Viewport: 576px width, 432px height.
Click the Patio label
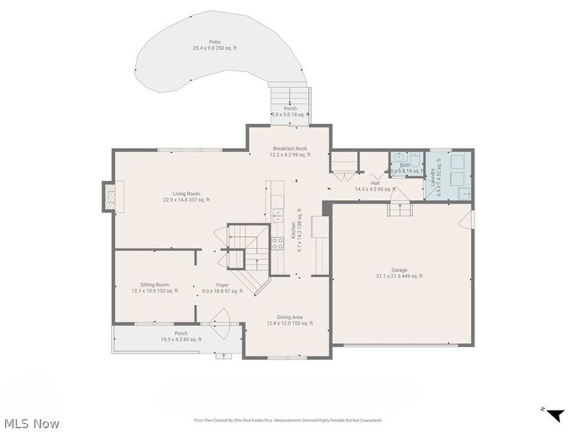point(215,45)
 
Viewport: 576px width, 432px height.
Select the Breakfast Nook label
point(290,151)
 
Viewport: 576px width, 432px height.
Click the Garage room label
point(399,272)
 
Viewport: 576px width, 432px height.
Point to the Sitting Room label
point(150,288)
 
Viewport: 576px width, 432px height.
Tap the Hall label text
point(375,186)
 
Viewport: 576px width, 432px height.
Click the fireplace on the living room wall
point(109,197)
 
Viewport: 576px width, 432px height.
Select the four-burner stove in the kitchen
point(277,243)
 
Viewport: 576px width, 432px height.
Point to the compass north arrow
point(554,415)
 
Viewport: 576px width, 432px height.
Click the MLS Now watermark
point(30,423)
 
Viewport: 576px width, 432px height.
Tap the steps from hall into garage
point(399,208)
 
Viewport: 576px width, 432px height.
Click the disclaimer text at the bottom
point(288,420)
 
